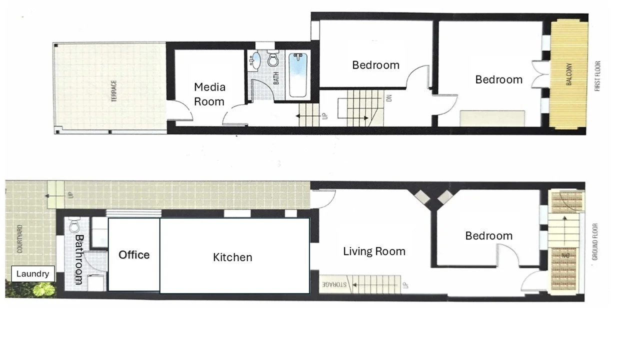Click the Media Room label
click(x=209, y=94)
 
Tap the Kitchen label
click(x=232, y=257)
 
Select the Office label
click(x=134, y=254)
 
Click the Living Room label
click(x=374, y=251)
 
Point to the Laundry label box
click(x=32, y=273)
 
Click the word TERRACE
click(x=114, y=90)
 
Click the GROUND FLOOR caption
click(x=595, y=241)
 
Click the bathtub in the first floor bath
click(x=298, y=75)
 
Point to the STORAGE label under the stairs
click(x=334, y=284)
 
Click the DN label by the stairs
click(x=389, y=98)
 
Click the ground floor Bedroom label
click(x=488, y=235)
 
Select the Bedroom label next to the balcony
click(x=498, y=79)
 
